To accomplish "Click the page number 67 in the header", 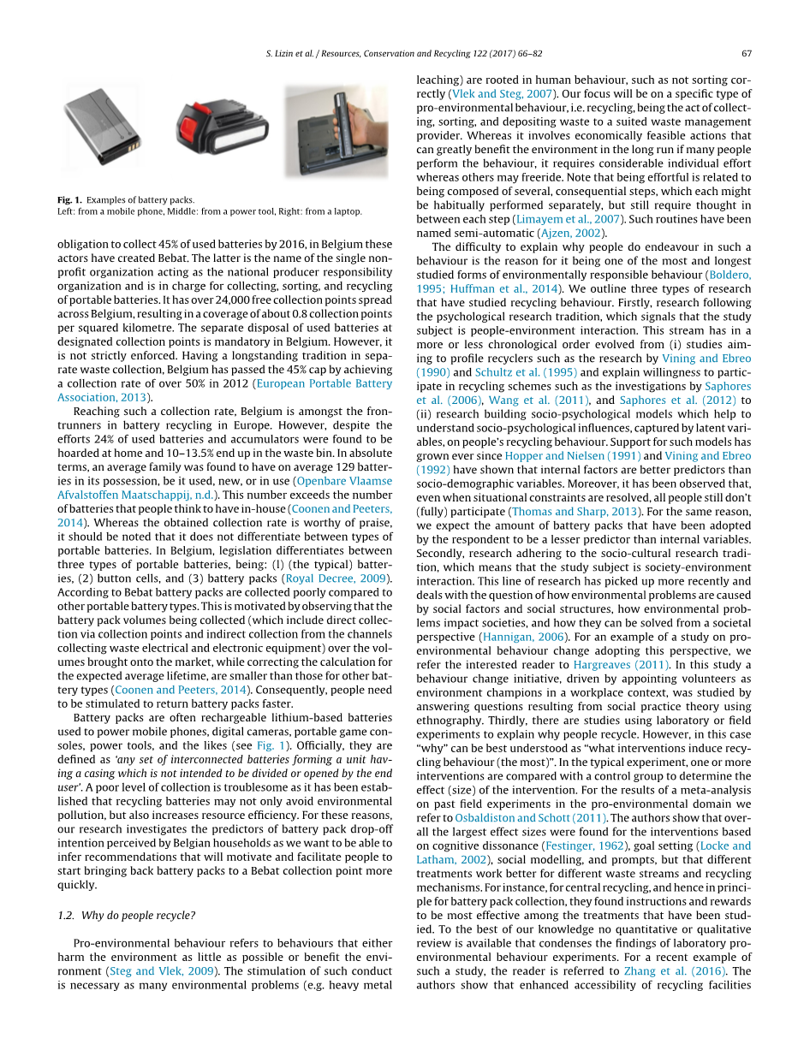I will tap(747, 53).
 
